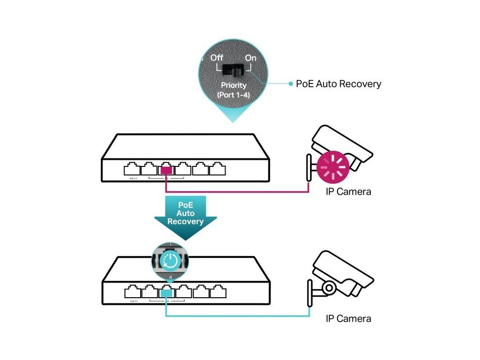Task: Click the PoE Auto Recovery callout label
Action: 338,84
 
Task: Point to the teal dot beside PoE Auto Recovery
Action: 291,84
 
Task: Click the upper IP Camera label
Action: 348,191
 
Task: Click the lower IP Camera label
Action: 348,319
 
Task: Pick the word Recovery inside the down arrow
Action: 185,222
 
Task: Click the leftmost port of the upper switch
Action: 132,168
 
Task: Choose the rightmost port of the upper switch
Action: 218,168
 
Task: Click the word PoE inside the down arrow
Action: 185,205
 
